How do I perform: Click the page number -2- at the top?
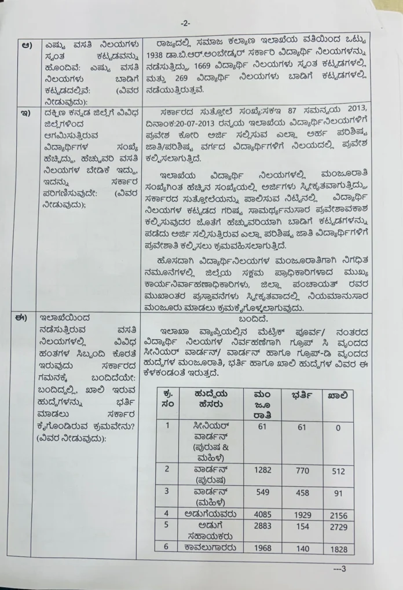click(185, 23)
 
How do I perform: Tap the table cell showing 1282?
click(263, 471)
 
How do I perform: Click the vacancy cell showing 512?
click(337, 471)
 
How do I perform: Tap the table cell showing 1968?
click(263, 548)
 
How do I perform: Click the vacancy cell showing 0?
click(337, 428)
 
